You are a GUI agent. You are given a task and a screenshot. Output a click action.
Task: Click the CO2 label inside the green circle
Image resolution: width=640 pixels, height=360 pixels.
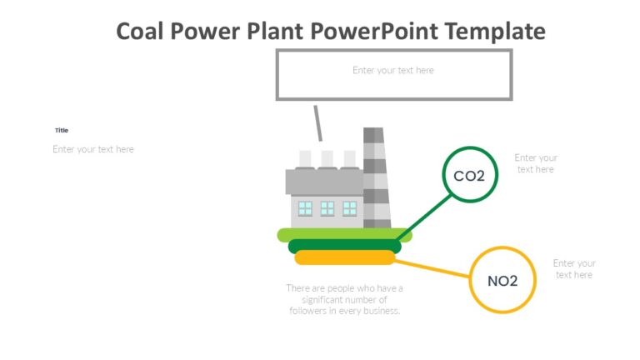469,176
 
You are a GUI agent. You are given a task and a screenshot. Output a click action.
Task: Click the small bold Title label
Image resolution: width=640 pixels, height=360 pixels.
62,131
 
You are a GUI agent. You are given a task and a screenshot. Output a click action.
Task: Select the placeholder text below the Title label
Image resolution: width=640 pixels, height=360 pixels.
93,150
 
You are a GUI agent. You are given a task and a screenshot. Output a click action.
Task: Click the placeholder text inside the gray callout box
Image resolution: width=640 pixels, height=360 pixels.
393,71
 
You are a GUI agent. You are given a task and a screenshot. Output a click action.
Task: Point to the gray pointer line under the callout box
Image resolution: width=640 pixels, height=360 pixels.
317,123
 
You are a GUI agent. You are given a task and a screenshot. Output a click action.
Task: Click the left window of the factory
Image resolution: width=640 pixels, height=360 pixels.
306,208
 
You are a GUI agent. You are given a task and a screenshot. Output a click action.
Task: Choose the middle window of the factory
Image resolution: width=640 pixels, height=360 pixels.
327,208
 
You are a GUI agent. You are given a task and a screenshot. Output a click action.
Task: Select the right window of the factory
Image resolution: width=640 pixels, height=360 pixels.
349,208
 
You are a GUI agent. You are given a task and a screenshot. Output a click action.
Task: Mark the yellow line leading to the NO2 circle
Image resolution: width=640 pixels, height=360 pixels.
433,268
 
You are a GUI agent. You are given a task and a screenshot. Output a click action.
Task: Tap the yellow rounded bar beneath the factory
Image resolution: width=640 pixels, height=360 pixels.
344,257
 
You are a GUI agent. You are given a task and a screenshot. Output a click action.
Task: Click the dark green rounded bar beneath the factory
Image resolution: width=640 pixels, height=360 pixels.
344,247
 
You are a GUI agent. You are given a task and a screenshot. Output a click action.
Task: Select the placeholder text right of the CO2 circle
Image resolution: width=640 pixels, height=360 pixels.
536,163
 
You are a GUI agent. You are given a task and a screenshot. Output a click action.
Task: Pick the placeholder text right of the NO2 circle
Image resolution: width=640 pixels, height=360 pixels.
574,269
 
